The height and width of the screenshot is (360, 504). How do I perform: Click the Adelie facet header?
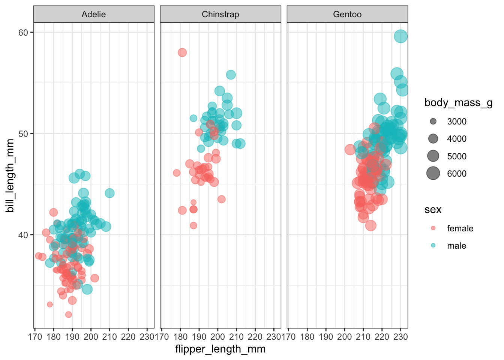94,14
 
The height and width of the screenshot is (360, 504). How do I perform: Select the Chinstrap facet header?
220,14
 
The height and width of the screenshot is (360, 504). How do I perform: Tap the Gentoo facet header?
347,14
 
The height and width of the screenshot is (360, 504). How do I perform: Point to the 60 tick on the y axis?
23,33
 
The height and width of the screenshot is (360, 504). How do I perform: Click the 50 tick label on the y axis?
23,134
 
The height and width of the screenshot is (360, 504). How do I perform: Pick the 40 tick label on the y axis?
23,235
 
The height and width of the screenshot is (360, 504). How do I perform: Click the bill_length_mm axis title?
10,175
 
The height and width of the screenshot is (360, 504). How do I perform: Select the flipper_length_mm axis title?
220,349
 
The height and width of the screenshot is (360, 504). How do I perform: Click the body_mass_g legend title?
458,103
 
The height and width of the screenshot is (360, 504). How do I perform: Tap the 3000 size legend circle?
433,121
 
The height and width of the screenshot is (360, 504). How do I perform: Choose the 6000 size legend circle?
433,174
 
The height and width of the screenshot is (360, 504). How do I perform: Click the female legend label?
460,228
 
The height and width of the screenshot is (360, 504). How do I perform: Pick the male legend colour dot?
433,246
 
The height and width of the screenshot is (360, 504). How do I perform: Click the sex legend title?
433,210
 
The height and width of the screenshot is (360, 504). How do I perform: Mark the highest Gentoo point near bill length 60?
401,36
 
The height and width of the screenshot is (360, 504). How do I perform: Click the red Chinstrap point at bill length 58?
182,52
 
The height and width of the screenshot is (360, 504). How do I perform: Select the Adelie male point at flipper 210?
109,193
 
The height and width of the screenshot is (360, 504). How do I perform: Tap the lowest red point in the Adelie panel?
68,315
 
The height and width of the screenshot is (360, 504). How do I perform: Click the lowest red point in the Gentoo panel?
371,226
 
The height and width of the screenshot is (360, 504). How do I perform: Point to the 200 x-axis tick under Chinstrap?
218,336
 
